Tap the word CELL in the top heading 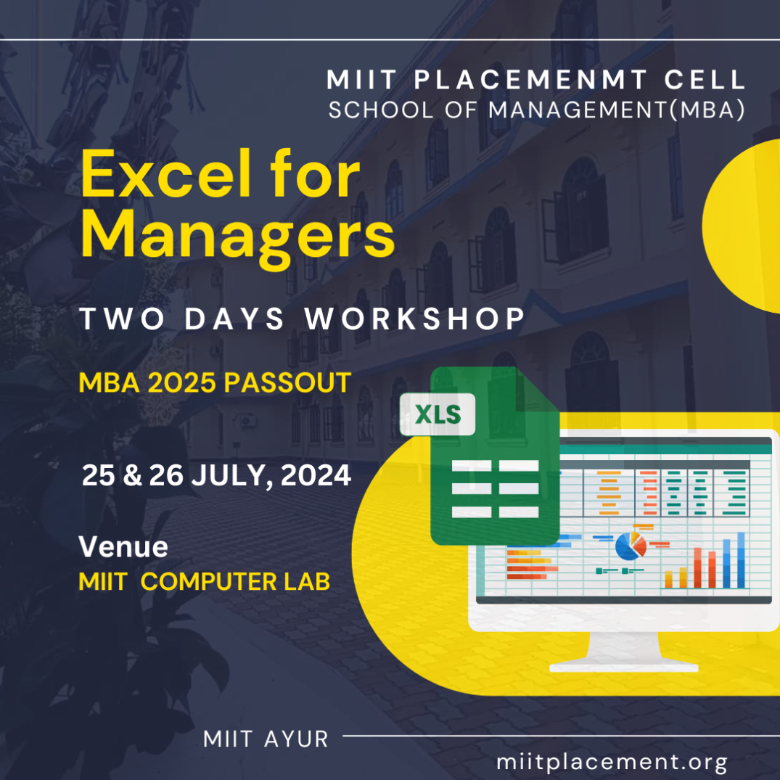[705, 80]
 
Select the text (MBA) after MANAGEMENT [707, 110]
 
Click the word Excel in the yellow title [166, 173]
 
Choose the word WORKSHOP [415, 319]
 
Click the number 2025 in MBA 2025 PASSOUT [181, 382]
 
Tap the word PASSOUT [287, 382]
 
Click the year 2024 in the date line [316, 475]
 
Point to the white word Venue [123, 546]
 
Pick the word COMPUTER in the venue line [208, 581]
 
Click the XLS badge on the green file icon [438, 414]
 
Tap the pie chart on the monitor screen [631, 546]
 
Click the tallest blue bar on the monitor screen [741, 560]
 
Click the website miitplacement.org [612, 762]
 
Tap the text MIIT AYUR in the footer [266, 739]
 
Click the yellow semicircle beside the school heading [742, 226]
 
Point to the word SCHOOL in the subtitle [380, 110]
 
